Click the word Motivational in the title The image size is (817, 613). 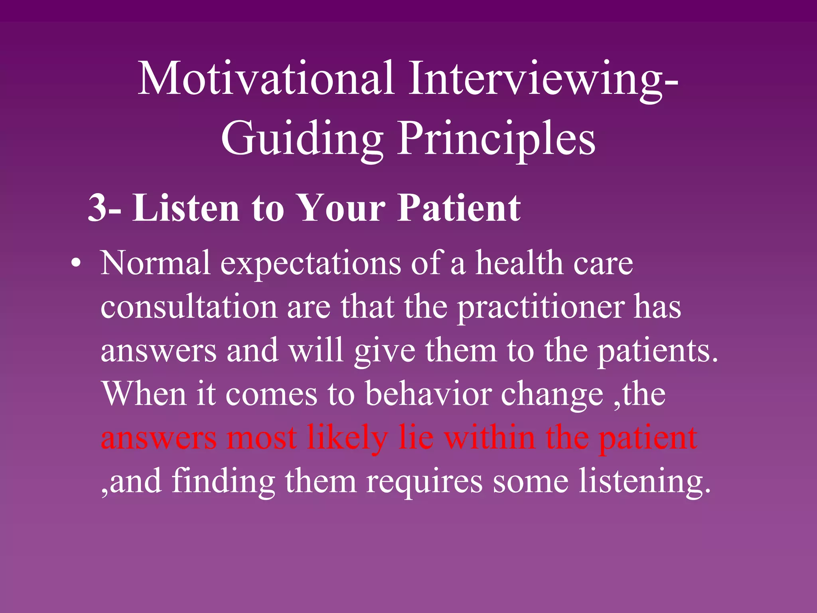pyautogui.click(x=266, y=79)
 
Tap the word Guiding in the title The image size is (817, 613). pyautogui.click(x=302, y=139)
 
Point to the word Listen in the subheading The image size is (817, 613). pyautogui.click(x=186, y=208)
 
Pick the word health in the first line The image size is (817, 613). pyautogui.click(x=519, y=263)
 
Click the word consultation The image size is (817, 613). pyautogui.click(x=189, y=307)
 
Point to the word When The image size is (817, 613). pyautogui.click(x=144, y=394)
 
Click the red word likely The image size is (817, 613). pyautogui.click(x=347, y=438)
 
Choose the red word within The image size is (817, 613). pyautogui.click(x=490, y=437)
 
